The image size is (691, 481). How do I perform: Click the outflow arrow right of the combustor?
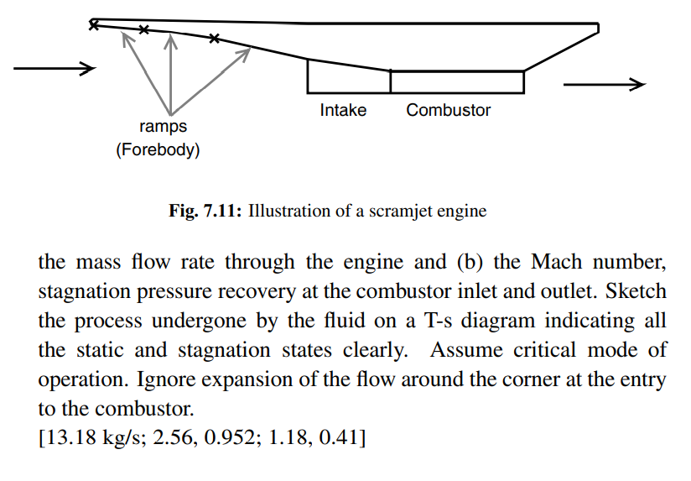604,84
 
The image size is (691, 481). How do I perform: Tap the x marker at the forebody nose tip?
94,25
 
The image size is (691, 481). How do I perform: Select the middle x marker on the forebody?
144,30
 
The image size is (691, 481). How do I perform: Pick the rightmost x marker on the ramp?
214,38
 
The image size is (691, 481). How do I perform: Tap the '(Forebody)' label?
158,151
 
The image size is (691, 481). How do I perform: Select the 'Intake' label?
343,110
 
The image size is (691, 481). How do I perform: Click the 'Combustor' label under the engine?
449,110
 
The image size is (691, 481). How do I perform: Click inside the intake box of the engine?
348,78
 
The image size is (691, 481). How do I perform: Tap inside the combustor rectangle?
457,81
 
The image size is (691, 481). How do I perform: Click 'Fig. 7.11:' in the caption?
205,212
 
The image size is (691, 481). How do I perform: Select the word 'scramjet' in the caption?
395,212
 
